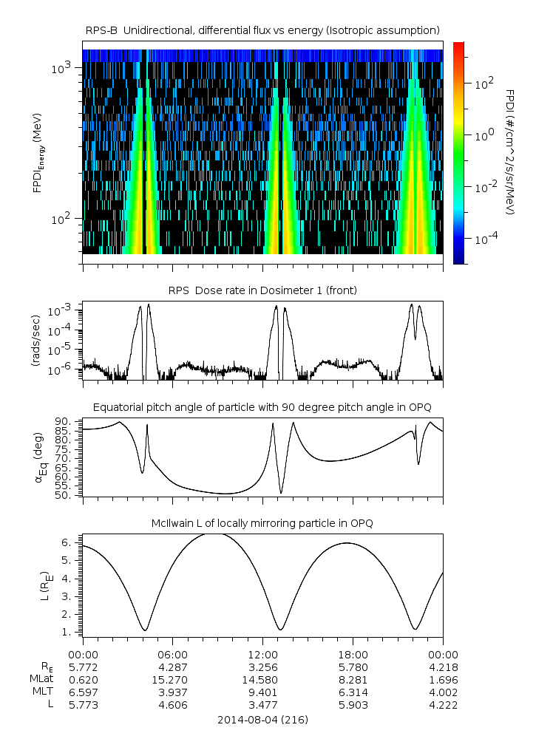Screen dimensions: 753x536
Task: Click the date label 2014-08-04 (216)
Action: point(262,719)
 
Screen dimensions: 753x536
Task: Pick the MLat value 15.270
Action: point(173,679)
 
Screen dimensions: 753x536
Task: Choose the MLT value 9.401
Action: point(263,692)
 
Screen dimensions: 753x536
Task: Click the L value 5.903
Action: point(353,705)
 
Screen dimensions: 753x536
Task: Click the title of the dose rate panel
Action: point(262,290)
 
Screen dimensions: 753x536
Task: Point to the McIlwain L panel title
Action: point(262,522)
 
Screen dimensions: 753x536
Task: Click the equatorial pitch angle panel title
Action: point(262,407)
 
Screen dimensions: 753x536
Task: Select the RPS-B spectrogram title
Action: point(262,30)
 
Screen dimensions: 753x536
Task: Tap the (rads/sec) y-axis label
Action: point(35,341)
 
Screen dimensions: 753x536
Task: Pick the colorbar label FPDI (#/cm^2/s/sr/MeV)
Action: point(509,152)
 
